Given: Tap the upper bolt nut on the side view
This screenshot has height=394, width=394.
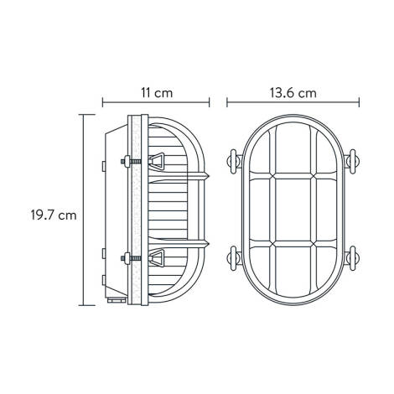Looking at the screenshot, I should pyautogui.click(x=126, y=162).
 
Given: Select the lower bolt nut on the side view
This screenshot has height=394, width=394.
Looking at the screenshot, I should pyautogui.click(x=126, y=257).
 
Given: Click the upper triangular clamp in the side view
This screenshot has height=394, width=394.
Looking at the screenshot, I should pyautogui.click(x=157, y=162).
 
